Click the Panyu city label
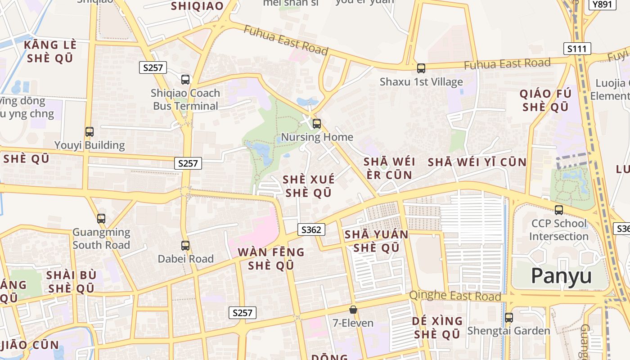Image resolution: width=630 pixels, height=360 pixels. [561, 275]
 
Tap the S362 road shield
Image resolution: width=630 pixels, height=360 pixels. [311, 229]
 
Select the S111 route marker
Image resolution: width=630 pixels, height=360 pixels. [577, 49]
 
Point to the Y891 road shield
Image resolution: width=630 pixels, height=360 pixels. [603, 4]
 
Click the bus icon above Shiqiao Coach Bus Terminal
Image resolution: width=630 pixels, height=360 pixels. [185, 80]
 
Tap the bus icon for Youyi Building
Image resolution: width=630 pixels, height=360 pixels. [90, 132]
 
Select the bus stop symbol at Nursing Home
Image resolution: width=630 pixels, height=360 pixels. [317, 123]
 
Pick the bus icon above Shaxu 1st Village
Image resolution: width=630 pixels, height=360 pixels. [421, 68]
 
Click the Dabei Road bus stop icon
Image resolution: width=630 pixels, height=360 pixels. [185, 246]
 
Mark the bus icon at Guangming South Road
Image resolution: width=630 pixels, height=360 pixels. [101, 219]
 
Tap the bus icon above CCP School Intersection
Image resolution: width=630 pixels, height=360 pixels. [559, 210]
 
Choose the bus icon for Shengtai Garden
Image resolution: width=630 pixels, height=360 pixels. [509, 317]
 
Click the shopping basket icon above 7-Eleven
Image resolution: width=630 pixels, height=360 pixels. [353, 310]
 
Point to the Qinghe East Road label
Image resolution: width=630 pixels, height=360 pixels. [455, 296]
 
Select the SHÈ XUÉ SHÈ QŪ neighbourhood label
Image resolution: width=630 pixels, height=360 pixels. [309, 186]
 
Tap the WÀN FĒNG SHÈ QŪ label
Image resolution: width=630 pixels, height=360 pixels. [271, 258]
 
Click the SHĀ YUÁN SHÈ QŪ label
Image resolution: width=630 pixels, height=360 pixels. [376, 241]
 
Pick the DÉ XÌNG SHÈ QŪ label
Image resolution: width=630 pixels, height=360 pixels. [437, 328]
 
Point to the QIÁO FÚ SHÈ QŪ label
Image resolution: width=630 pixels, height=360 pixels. [545, 100]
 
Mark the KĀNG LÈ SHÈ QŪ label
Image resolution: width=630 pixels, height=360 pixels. [50, 51]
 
